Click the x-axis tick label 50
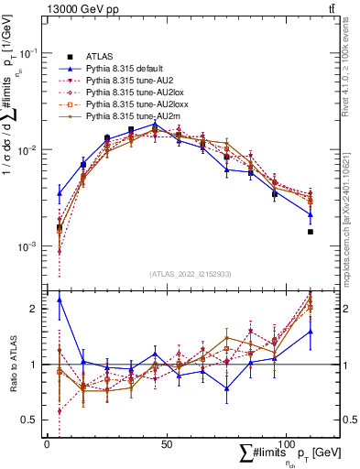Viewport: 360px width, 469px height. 166,444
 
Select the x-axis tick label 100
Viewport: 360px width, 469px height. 286,444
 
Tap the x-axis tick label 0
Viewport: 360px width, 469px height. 47,444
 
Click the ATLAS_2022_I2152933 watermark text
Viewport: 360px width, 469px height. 191,274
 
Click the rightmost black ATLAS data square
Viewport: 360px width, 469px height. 311,232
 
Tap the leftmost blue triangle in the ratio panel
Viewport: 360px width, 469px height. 60,300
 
